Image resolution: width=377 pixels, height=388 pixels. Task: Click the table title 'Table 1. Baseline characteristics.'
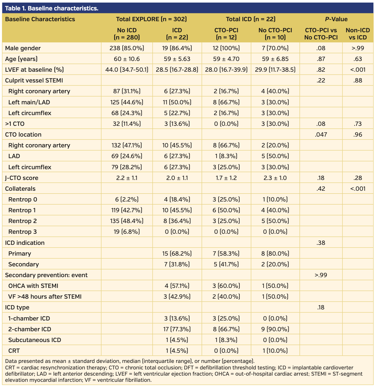click(x=52, y=8)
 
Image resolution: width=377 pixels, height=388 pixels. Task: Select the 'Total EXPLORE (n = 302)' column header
click(x=151, y=19)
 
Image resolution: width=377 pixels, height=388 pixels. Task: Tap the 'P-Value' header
click(x=336, y=19)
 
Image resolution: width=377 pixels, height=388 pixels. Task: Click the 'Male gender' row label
click(x=23, y=48)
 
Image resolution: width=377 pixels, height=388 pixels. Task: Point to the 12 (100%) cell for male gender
click(x=226, y=48)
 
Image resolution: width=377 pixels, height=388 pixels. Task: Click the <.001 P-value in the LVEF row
click(x=358, y=70)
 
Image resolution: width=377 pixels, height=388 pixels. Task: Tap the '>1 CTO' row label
click(x=15, y=124)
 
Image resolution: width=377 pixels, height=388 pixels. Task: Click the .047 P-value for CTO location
click(x=321, y=135)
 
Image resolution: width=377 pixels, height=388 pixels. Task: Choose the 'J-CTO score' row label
click(x=22, y=178)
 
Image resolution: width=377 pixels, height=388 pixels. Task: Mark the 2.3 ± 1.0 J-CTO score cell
click(x=275, y=178)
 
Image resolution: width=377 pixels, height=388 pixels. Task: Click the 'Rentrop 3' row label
click(x=23, y=232)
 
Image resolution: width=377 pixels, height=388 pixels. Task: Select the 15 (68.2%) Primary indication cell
click(x=177, y=254)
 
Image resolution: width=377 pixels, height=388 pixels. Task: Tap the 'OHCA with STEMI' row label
click(x=33, y=286)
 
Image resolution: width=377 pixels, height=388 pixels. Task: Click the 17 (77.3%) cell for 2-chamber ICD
click(x=177, y=329)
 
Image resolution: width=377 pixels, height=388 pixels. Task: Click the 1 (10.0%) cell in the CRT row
click(x=275, y=351)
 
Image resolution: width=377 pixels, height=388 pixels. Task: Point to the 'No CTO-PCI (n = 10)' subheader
click(x=275, y=34)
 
